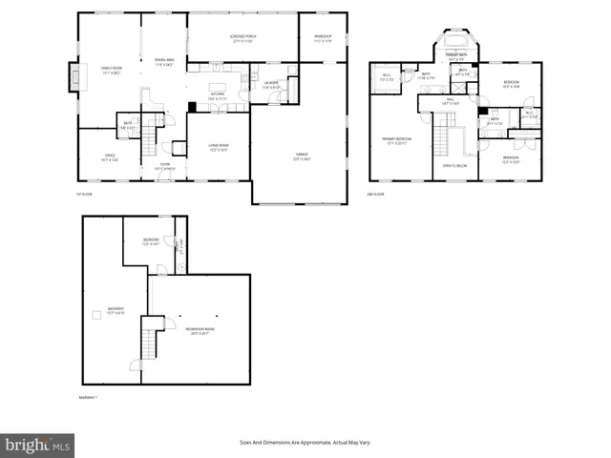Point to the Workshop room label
coord(323,37)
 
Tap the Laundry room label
coord(272,85)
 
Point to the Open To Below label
coord(454,165)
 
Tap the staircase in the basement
coord(149,339)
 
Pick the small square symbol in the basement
coord(95,315)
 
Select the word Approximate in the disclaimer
coord(315,443)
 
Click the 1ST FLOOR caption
coord(84,194)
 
